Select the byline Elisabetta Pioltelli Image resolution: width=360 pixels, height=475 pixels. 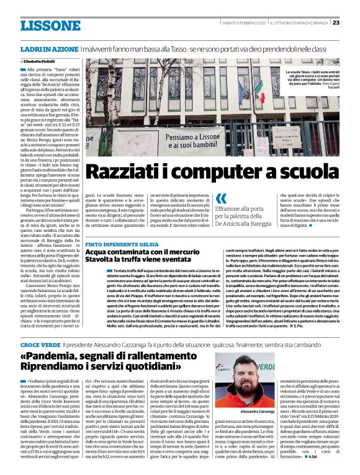(x=42, y=63)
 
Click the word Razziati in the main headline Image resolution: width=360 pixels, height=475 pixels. (x=126, y=172)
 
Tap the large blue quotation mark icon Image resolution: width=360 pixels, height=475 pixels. (x=222, y=199)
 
